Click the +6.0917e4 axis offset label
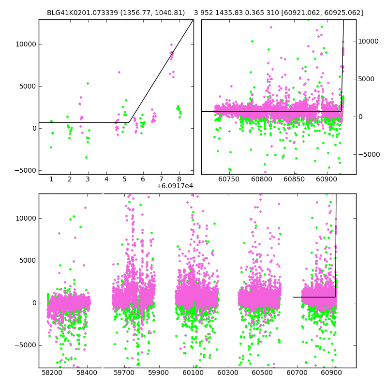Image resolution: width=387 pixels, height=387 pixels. [175, 186]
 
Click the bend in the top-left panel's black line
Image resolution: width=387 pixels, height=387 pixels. [130, 122]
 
